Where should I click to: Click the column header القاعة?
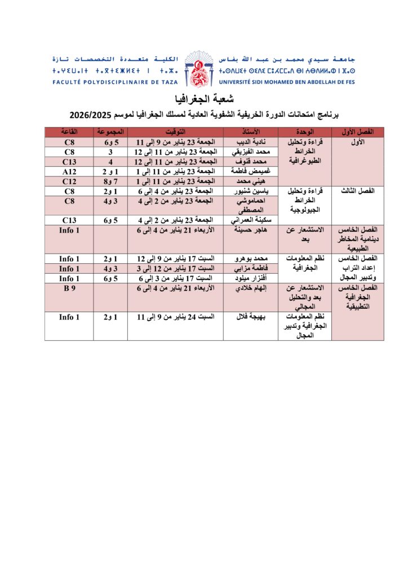tap(69, 132)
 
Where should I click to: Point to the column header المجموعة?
tap(110, 132)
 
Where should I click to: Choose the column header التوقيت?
tap(175, 132)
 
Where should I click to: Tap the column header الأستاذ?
tap(250, 132)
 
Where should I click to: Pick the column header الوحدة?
tap(304, 132)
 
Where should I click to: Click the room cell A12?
tap(69, 171)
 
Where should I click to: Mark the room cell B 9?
tap(69, 288)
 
